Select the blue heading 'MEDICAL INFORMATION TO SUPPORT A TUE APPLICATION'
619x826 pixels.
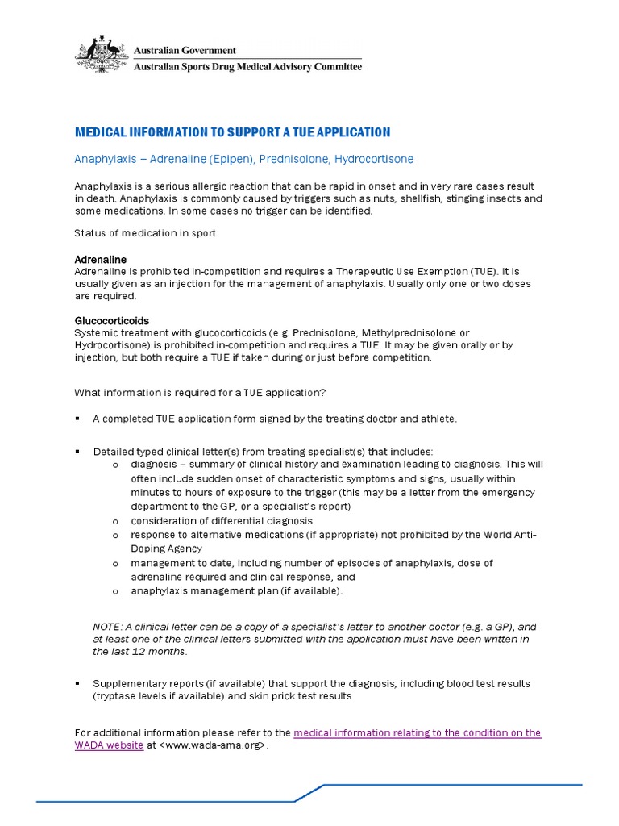(x=232, y=132)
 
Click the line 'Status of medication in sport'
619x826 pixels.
(x=145, y=233)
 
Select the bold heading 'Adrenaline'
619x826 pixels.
(x=101, y=260)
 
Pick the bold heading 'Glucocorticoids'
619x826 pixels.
(x=111, y=320)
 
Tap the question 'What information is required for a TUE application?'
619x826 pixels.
(x=200, y=392)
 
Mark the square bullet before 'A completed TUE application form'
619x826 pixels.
(x=78, y=419)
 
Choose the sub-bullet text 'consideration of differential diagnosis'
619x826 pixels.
(x=222, y=520)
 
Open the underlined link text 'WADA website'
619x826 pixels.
(x=109, y=745)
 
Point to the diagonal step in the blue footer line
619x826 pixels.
(x=309, y=792)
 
